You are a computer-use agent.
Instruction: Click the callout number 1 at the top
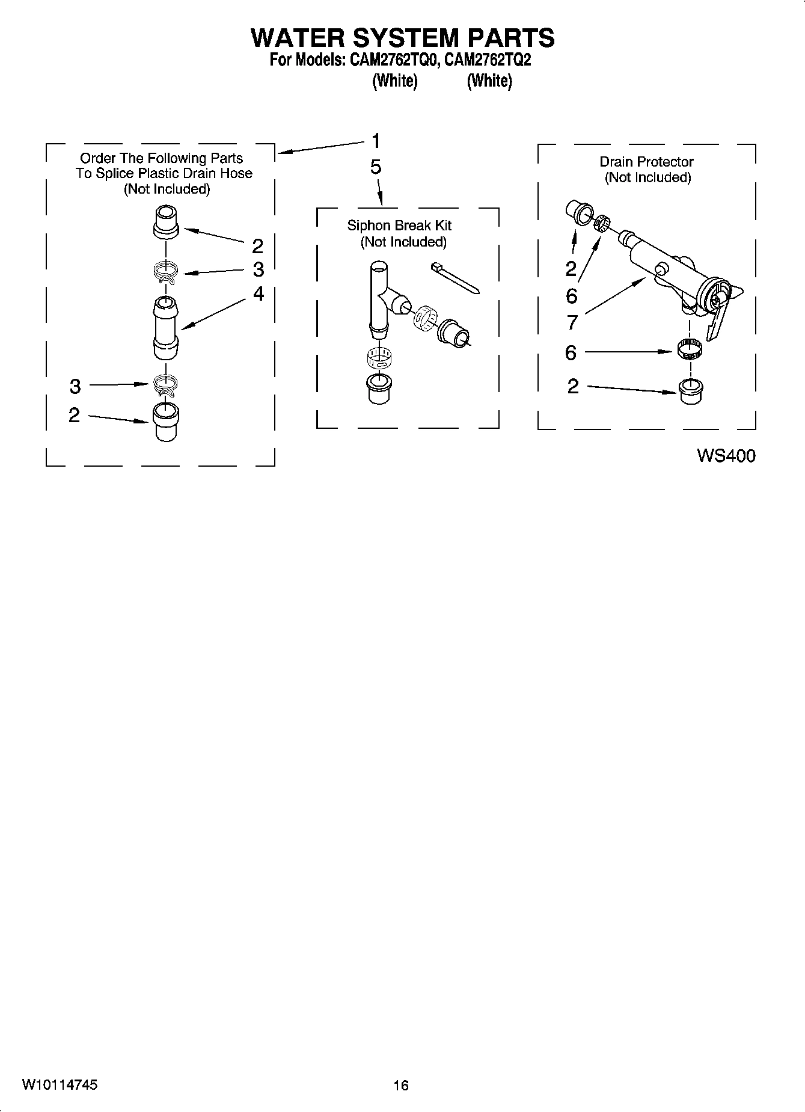coord(376,141)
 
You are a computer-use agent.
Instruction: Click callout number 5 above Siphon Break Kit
coord(376,167)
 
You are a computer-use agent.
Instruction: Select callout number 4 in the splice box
coord(259,293)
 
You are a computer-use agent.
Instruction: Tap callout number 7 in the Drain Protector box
coord(572,323)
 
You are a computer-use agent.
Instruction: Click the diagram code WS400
coord(726,456)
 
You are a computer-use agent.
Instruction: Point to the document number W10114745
coord(60,1084)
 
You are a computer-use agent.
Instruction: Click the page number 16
coord(401,1085)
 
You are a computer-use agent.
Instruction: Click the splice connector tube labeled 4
coord(166,325)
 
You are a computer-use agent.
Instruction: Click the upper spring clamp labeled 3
coord(165,272)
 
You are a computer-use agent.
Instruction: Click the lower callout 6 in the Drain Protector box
coord(571,352)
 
